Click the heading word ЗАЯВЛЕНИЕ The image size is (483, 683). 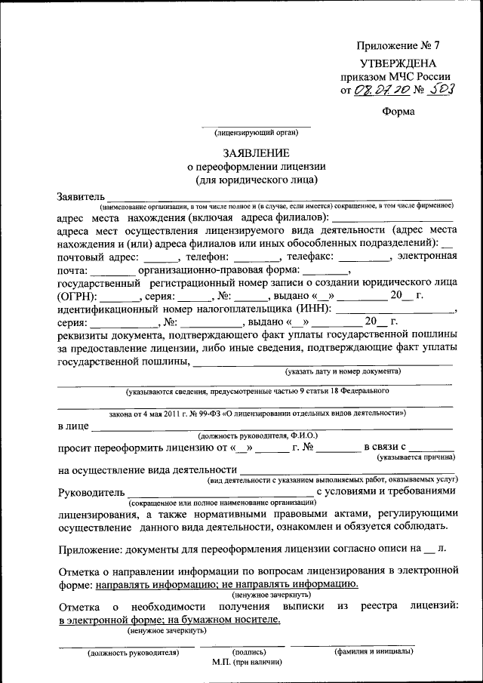[x=255, y=153]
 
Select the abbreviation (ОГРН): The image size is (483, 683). [x=78, y=297]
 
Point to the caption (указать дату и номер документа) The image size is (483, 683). [x=343, y=371]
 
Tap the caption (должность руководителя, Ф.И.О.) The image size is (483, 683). [x=257, y=436]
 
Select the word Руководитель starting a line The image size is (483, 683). [x=90, y=491]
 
